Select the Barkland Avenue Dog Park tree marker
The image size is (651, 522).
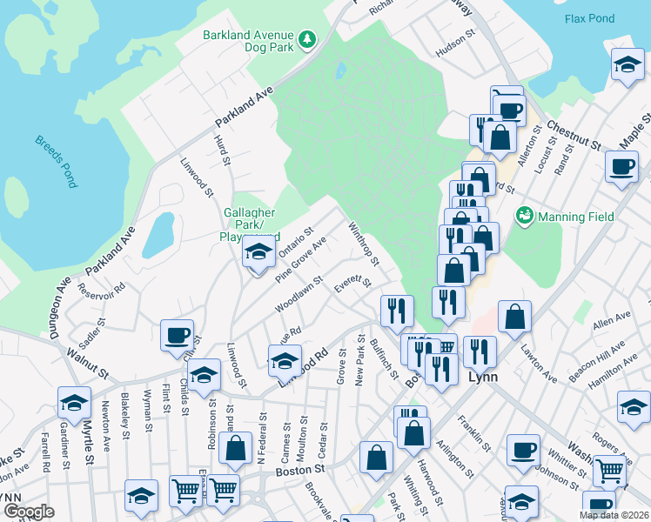[306, 38]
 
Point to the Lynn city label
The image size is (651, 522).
[483, 378]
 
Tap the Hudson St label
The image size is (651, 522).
[458, 50]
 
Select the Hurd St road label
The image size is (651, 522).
[224, 150]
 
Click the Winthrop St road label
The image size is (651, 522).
[364, 244]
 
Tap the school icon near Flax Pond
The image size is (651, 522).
[628, 64]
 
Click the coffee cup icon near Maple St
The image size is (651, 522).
[621, 167]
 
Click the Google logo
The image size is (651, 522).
[29, 512]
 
